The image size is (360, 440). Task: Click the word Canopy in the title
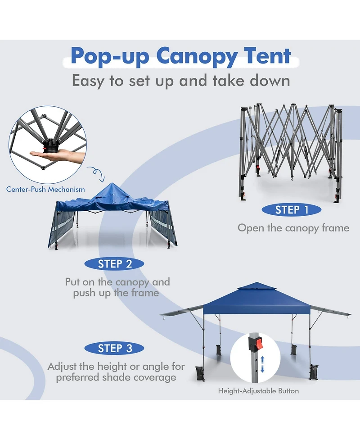click(x=196, y=57)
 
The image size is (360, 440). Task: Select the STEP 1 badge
click(x=292, y=210)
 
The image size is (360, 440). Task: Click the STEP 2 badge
click(x=115, y=264)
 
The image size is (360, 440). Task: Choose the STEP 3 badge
click(x=115, y=348)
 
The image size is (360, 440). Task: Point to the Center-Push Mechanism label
click(x=45, y=190)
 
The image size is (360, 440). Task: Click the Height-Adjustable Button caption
click(x=258, y=390)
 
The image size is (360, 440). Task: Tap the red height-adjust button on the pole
click(x=258, y=345)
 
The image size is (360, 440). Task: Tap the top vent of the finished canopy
click(x=256, y=286)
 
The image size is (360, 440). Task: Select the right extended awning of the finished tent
click(x=331, y=311)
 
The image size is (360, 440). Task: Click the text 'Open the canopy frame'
click(x=293, y=228)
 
